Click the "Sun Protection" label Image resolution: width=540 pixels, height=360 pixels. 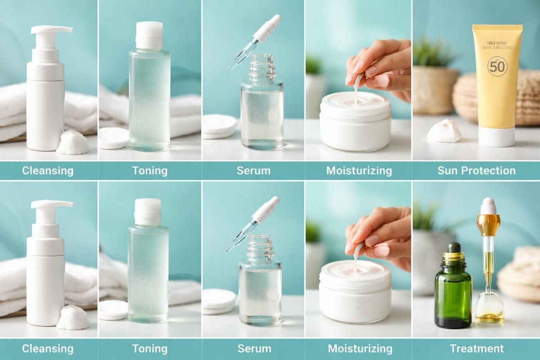(476, 171)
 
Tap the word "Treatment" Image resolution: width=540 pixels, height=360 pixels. (477, 348)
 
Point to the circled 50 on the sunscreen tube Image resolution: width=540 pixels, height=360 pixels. (497, 66)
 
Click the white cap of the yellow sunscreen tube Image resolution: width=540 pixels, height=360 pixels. (496, 137)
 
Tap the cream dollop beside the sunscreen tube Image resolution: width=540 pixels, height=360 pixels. (444, 131)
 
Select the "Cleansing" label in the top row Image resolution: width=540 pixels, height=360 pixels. (48, 171)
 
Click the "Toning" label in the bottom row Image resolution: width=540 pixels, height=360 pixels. (149, 348)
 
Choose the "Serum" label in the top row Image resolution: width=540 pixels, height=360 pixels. (254, 171)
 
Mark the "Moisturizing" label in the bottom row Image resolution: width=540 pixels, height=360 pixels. (360, 348)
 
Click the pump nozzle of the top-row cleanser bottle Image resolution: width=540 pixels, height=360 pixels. (51, 30)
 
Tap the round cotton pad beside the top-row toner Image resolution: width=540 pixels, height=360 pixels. (113, 138)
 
